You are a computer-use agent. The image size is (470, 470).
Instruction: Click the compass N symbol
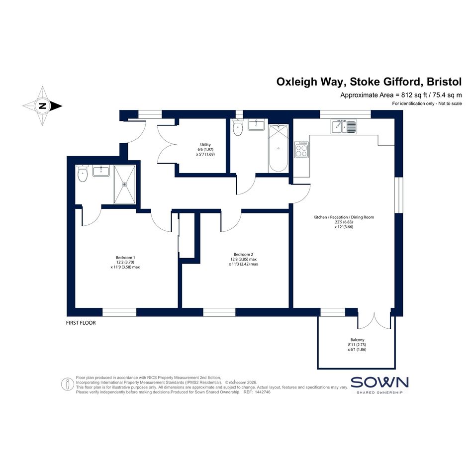click(x=43, y=106)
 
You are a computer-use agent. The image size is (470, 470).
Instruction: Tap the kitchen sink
click(x=344, y=126)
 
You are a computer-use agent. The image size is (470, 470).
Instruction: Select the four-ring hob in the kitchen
click(x=301, y=150)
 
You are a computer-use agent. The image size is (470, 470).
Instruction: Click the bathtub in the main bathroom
click(x=279, y=148)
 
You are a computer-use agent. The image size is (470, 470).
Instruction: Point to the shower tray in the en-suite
click(x=125, y=185)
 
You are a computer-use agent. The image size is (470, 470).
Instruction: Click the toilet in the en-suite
click(x=82, y=173)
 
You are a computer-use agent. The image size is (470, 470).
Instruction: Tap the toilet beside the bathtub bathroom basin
click(x=238, y=127)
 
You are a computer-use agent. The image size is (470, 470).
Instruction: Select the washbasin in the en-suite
click(x=101, y=171)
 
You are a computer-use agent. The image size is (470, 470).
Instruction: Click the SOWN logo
click(x=379, y=385)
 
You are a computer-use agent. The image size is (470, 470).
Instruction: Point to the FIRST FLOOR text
click(x=81, y=323)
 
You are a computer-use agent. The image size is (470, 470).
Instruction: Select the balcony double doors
click(x=374, y=320)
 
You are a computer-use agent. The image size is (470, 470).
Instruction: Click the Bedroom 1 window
click(x=119, y=312)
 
